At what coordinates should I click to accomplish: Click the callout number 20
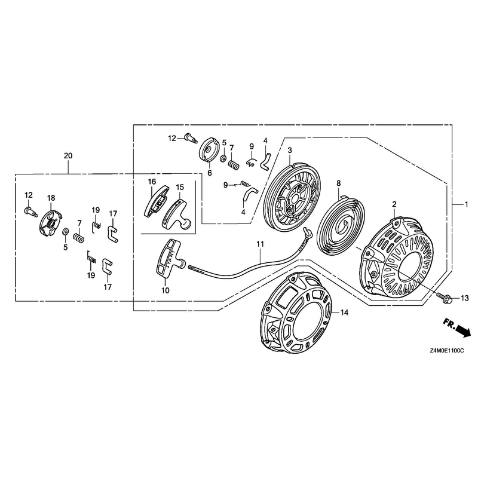pos(68,156)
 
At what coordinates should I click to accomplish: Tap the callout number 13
pos(464,298)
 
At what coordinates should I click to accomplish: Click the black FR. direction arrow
pos(462,331)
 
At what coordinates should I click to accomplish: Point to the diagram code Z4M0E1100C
pos(447,351)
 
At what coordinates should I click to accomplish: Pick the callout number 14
pos(344,312)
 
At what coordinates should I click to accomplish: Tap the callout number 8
pos(338,183)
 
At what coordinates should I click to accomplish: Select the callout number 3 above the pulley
pos(290,150)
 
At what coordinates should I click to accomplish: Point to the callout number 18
pos(51,198)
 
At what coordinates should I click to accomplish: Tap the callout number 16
pos(152,182)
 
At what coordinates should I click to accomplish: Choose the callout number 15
pos(180,186)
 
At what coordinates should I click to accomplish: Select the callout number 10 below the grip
pos(166,290)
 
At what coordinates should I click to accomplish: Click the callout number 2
pos(394,204)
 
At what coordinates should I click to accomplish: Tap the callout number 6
pos(210,173)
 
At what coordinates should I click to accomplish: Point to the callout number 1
pos(466,204)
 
